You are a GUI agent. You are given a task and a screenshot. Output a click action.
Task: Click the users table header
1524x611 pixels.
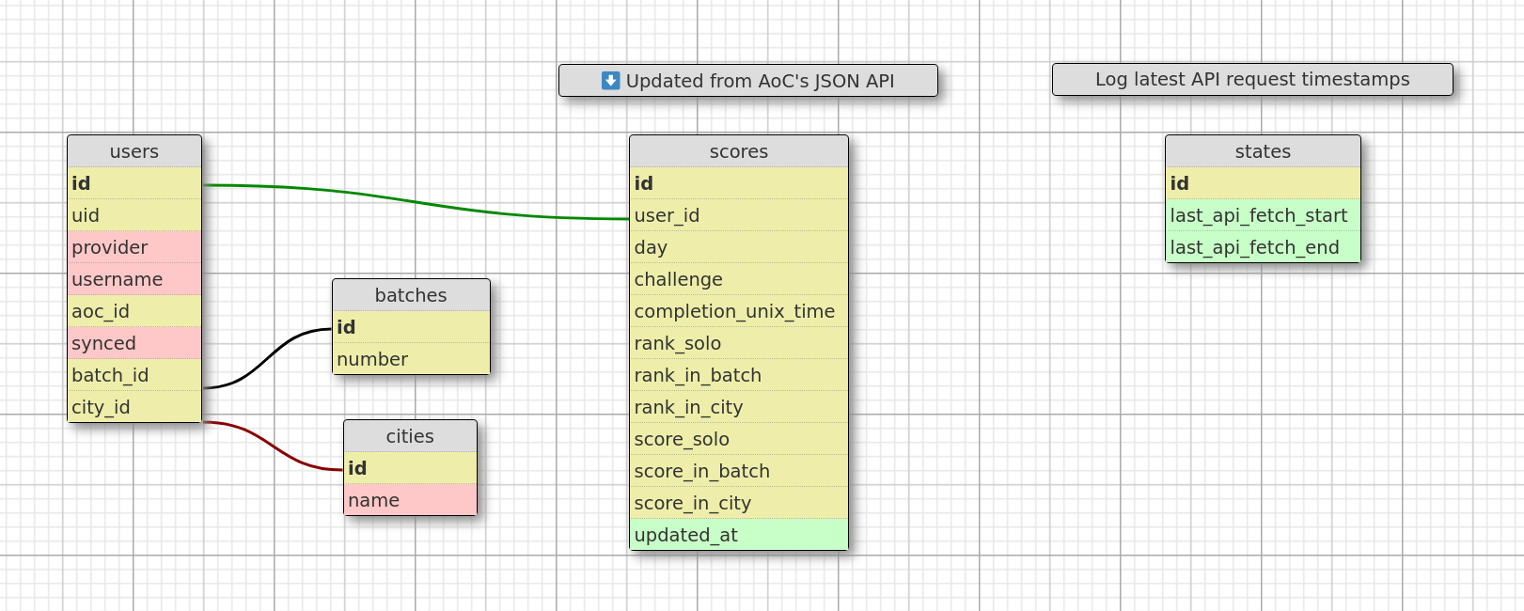pyautogui.click(x=134, y=151)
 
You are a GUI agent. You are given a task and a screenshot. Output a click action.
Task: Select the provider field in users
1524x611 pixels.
pyautogui.click(x=134, y=247)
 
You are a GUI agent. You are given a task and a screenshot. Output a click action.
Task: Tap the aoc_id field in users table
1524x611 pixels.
pyautogui.click(x=134, y=311)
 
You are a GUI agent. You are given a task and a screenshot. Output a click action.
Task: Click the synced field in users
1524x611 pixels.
pyautogui.click(x=134, y=343)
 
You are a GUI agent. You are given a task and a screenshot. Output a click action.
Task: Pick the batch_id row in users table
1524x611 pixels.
pyautogui.click(x=134, y=375)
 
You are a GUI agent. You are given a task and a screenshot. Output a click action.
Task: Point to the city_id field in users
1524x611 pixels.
pyautogui.click(x=134, y=407)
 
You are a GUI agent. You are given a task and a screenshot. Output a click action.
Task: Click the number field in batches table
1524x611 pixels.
pyautogui.click(x=411, y=359)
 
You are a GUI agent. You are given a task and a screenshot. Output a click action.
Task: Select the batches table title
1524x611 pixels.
pyautogui.click(x=411, y=295)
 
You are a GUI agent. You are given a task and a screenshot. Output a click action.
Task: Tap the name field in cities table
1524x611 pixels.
pyautogui.click(x=410, y=500)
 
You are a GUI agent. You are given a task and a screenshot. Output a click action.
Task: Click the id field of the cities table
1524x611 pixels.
pyautogui.click(x=410, y=468)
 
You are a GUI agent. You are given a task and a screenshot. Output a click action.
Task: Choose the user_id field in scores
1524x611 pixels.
pyautogui.click(x=738, y=215)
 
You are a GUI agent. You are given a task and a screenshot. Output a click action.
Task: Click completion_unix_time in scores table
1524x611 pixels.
pyautogui.click(x=738, y=311)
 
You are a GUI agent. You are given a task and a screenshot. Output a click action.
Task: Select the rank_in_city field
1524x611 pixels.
pyautogui.click(x=738, y=407)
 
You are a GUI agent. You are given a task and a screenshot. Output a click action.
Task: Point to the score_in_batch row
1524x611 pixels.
pyautogui.click(x=738, y=471)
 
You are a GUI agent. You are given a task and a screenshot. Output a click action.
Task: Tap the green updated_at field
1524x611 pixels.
pyautogui.click(x=738, y=535)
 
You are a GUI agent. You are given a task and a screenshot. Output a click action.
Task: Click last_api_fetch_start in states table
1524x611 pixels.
pyautogui.click(x=1263, y=215)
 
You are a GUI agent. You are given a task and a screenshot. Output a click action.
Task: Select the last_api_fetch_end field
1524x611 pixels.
pyautogui.click(x=1263, y=247)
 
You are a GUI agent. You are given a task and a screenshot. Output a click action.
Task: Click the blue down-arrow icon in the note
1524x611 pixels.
pyautogui.click(x=611, y=81)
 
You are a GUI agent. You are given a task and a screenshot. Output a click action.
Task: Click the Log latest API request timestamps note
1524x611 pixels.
pyautogui.click(x=1252, y=80)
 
